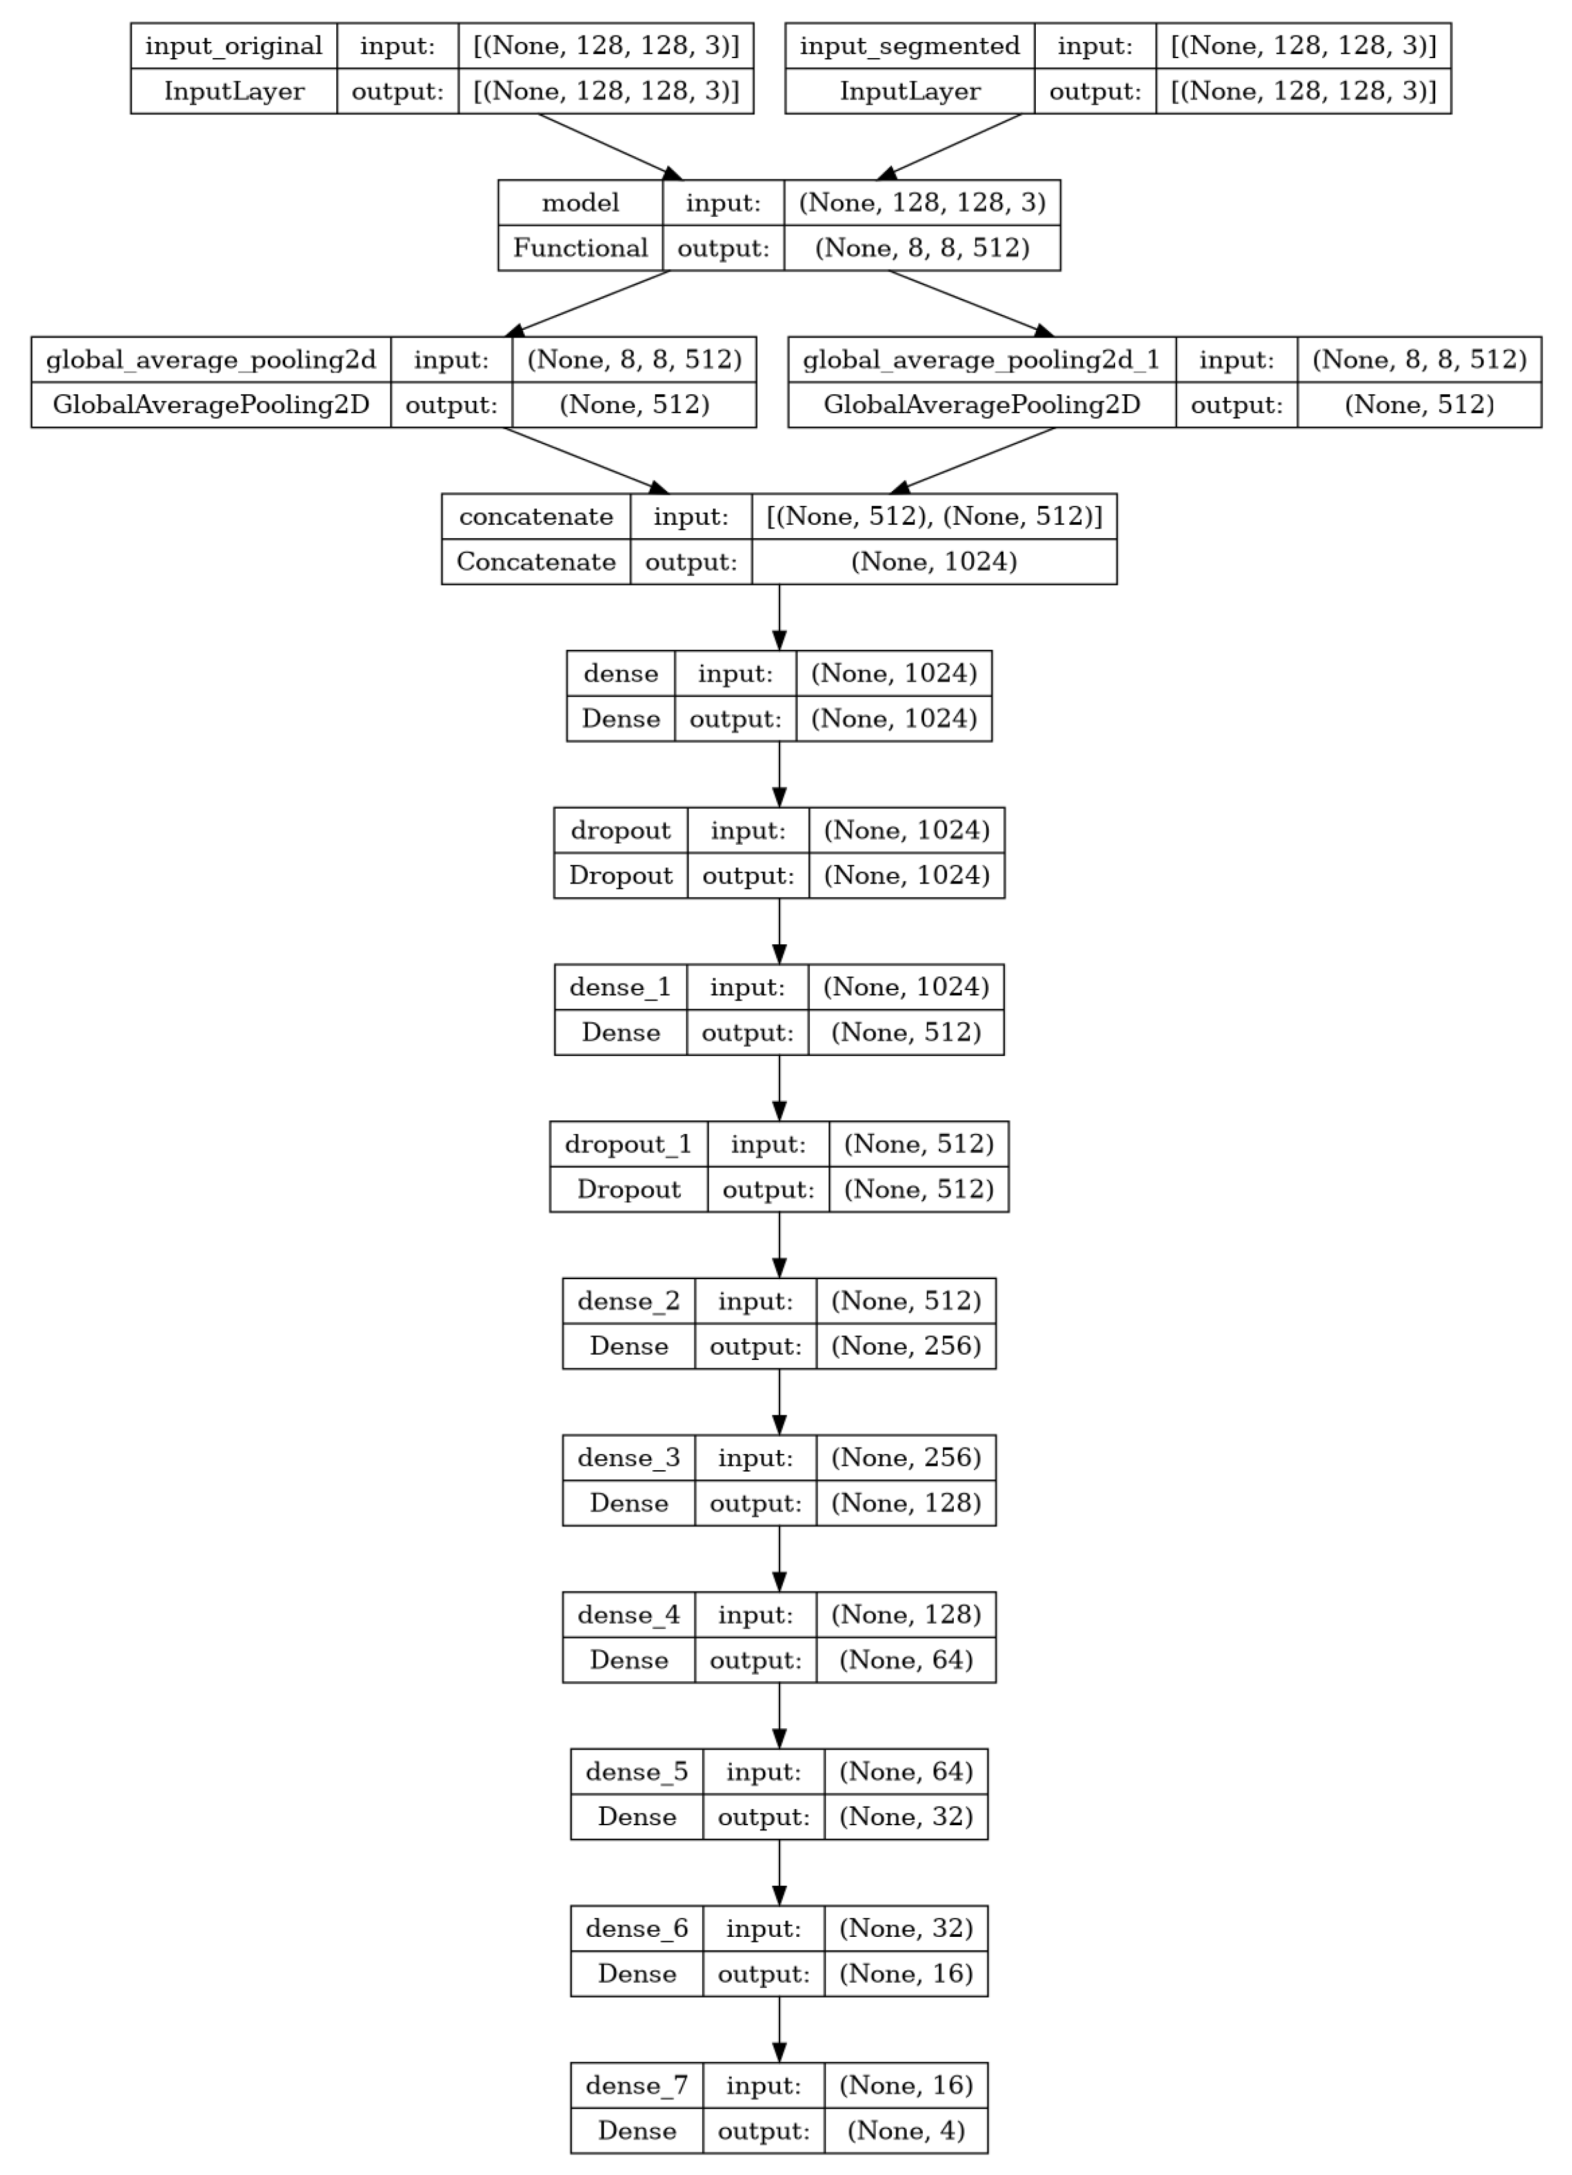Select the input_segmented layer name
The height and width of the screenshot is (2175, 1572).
click(909, 46)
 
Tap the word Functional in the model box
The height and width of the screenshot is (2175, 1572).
click(580, 248)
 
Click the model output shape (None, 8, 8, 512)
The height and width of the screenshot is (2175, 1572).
click(922, 248)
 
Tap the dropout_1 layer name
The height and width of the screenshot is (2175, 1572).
click(629, 1144)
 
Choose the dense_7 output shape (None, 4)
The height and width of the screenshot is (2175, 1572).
click(905, 2131)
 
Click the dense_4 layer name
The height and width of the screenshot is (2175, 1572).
click(629, 1615)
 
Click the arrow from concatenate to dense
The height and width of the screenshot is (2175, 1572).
click(779, 616)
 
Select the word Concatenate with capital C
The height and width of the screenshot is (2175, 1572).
click(535, 562)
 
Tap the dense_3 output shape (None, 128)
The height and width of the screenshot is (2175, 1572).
click(905, 1502)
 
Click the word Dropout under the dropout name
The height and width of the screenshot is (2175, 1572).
click(621, 876)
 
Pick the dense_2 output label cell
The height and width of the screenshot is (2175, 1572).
click(755, 1346)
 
